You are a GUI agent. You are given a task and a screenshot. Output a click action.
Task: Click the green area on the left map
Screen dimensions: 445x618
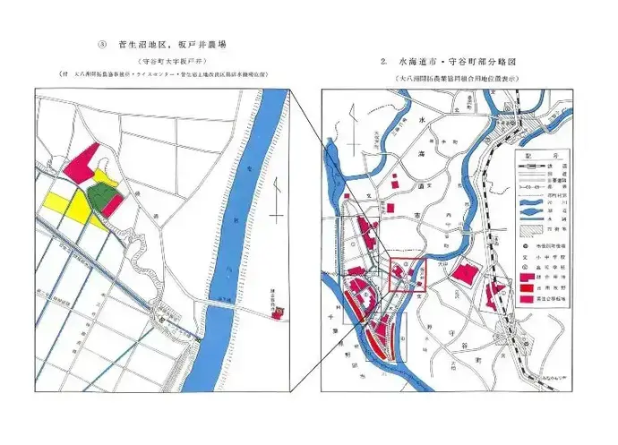[101, 194]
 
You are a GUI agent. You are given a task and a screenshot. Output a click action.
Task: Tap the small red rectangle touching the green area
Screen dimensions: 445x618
[112, 201]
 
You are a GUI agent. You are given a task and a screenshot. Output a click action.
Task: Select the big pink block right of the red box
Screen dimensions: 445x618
[464, 274]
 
